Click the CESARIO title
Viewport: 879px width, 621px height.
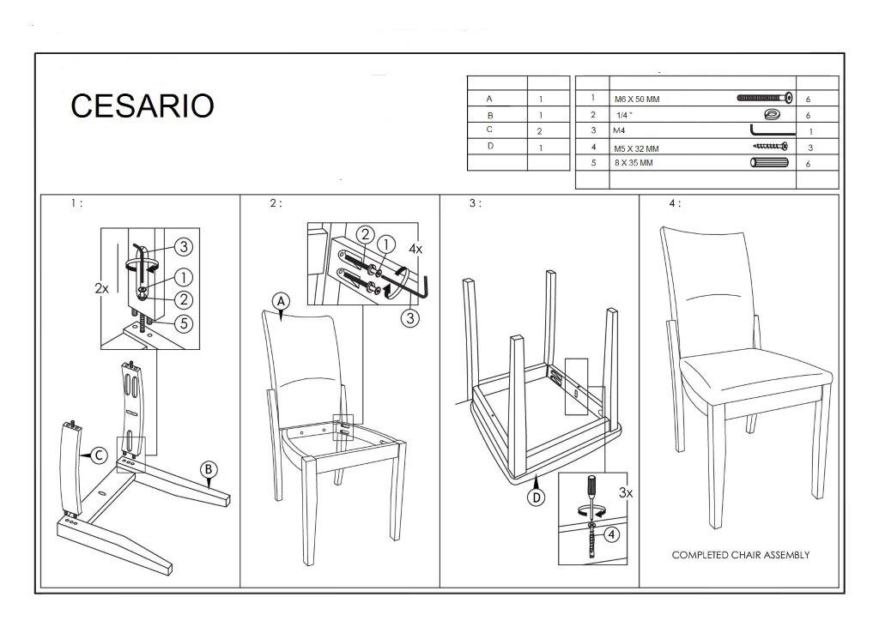[142, 106]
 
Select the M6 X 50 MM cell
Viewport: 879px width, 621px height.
[637, 99]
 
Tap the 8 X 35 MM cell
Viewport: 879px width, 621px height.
[633, 163]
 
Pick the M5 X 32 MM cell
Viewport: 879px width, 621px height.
[637, 148]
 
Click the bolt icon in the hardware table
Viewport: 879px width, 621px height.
[765, 98]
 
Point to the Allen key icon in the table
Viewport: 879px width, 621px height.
[773, 130]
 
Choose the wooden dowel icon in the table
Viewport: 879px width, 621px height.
[769, 163]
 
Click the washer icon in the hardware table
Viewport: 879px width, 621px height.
[772, 114]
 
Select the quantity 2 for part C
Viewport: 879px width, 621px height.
[539, 131]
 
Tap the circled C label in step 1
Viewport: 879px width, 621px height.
[99, 455]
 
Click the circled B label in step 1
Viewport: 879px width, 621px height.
[209, 470]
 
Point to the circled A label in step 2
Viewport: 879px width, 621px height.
[281, 302]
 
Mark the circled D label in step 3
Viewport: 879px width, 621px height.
[536, 497]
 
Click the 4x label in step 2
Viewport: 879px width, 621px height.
[415, 249]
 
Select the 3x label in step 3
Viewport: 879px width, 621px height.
[626, 492]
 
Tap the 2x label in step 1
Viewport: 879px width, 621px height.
[101, 288]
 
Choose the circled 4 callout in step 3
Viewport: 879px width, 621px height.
[611, 534]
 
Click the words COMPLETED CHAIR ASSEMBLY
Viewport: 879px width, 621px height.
[741, 555]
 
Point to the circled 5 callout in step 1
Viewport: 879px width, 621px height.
[184, 323]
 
